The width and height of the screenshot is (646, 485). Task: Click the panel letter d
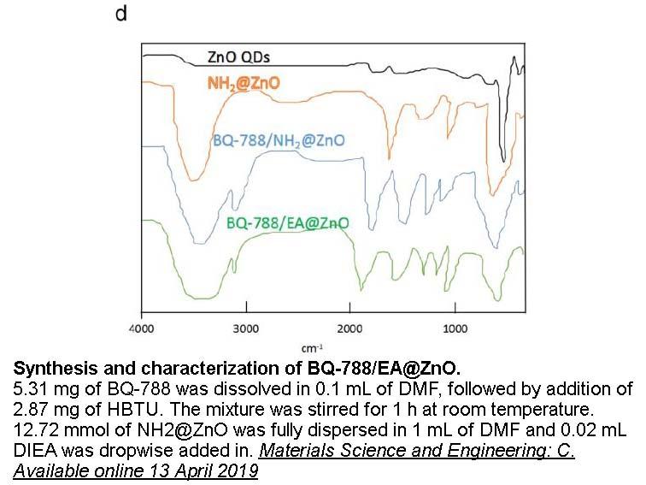pos(121,14)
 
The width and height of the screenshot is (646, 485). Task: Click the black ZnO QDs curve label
pos(238,57)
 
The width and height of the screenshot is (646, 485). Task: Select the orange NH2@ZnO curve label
pos(244,83)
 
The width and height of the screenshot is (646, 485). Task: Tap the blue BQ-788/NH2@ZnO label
pos(279,140)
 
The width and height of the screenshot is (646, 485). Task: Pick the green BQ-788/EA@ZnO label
pos(288,223)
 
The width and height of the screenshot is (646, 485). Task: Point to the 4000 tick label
pos(141,328)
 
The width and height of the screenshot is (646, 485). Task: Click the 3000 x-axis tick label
pos(246,328)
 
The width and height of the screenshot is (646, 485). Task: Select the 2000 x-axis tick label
pos(350,328)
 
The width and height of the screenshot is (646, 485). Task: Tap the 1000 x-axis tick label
pos(455,328)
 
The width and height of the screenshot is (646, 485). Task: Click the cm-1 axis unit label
pos(312,348)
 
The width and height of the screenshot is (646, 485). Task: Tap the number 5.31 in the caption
pos(30,389)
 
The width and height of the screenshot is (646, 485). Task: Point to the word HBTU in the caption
pos(135,410)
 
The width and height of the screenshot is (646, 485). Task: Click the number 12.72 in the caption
pos(36,430)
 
